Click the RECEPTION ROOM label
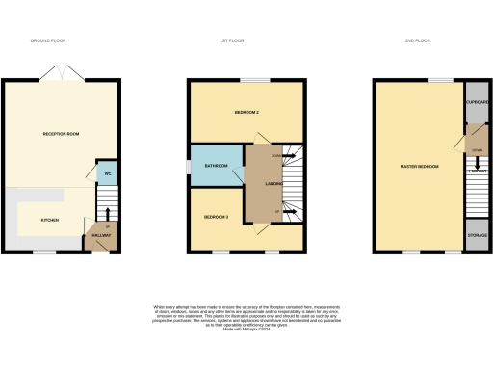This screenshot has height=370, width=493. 60,133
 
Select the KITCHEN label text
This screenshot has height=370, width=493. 50,220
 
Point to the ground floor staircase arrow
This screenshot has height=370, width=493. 107,214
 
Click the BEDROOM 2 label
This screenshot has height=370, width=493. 247,113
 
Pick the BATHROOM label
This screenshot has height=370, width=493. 215,166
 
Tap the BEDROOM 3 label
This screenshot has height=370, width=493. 216,218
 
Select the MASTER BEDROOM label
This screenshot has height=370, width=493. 419,167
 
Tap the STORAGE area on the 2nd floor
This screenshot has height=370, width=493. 477,234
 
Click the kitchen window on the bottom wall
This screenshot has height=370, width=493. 43,252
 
